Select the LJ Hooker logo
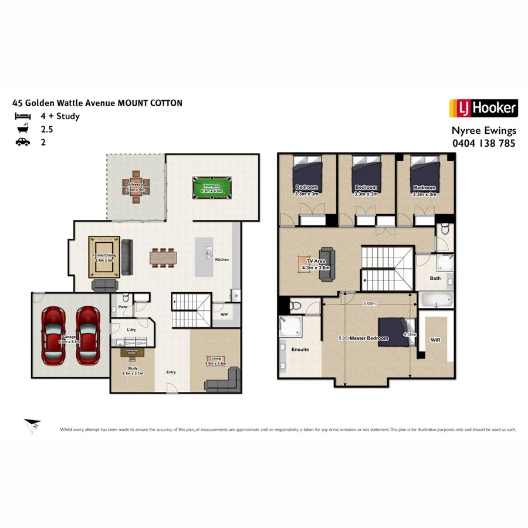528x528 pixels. [483, 109]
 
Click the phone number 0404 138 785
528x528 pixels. [483, 143]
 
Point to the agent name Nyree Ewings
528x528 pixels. [483, 131]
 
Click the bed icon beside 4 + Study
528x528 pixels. [23, 116]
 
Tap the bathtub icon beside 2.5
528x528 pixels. [23, 129]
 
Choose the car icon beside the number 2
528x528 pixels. [23, 142]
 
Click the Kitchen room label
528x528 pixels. [222, 259]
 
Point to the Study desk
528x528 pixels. [134, 353]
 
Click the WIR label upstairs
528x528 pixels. [435, 340]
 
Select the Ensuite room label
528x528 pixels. [300, 349]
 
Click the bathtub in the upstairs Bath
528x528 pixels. [436, 301]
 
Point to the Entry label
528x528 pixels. [171, 371]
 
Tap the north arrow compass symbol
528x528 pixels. [32, 427]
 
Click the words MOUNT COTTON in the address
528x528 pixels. [150, 103]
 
